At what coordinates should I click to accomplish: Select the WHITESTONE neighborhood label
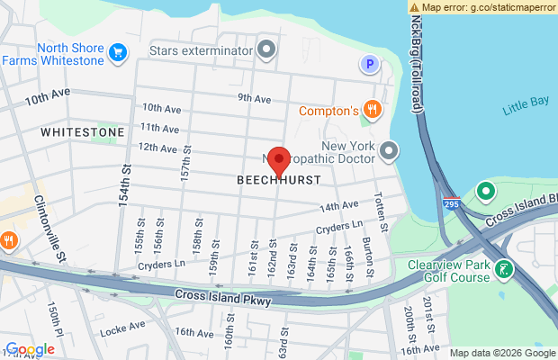pos(82,132)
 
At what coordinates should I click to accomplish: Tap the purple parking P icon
pos(368,63)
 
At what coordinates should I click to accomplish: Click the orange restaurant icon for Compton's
pos(372,111)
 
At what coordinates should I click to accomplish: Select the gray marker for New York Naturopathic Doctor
pos(389,150)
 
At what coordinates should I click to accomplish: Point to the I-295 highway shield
pos(453,204)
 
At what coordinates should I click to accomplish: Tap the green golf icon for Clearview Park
pos(505,269)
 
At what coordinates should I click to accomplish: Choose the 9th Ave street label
pos(255,98)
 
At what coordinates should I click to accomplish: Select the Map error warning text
pos(483,6)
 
